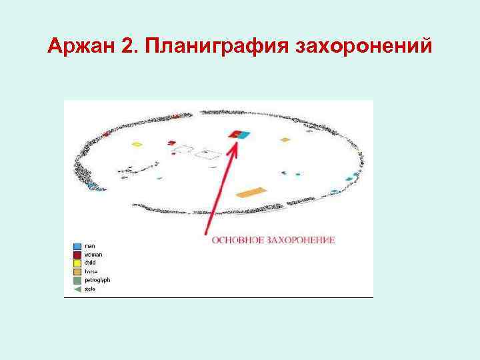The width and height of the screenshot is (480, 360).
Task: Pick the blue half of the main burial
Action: [x=245, y=135]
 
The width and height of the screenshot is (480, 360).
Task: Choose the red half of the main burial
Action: [x=235, y=135]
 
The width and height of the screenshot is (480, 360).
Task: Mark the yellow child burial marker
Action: [x=137, y=144]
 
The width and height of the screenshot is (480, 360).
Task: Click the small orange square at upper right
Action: [x=285, y=140]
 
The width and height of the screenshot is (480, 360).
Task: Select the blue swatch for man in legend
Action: [x=77, y=246]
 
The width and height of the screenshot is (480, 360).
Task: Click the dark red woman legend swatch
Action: [x=77, y=255]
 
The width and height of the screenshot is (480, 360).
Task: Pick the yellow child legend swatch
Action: [x=77, y=263]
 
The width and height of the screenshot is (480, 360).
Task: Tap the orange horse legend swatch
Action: [x=77, y=271]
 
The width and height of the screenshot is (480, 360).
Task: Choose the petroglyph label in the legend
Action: [x=97, y=280]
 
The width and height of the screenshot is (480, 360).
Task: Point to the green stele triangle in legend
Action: [x=77, y=289]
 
